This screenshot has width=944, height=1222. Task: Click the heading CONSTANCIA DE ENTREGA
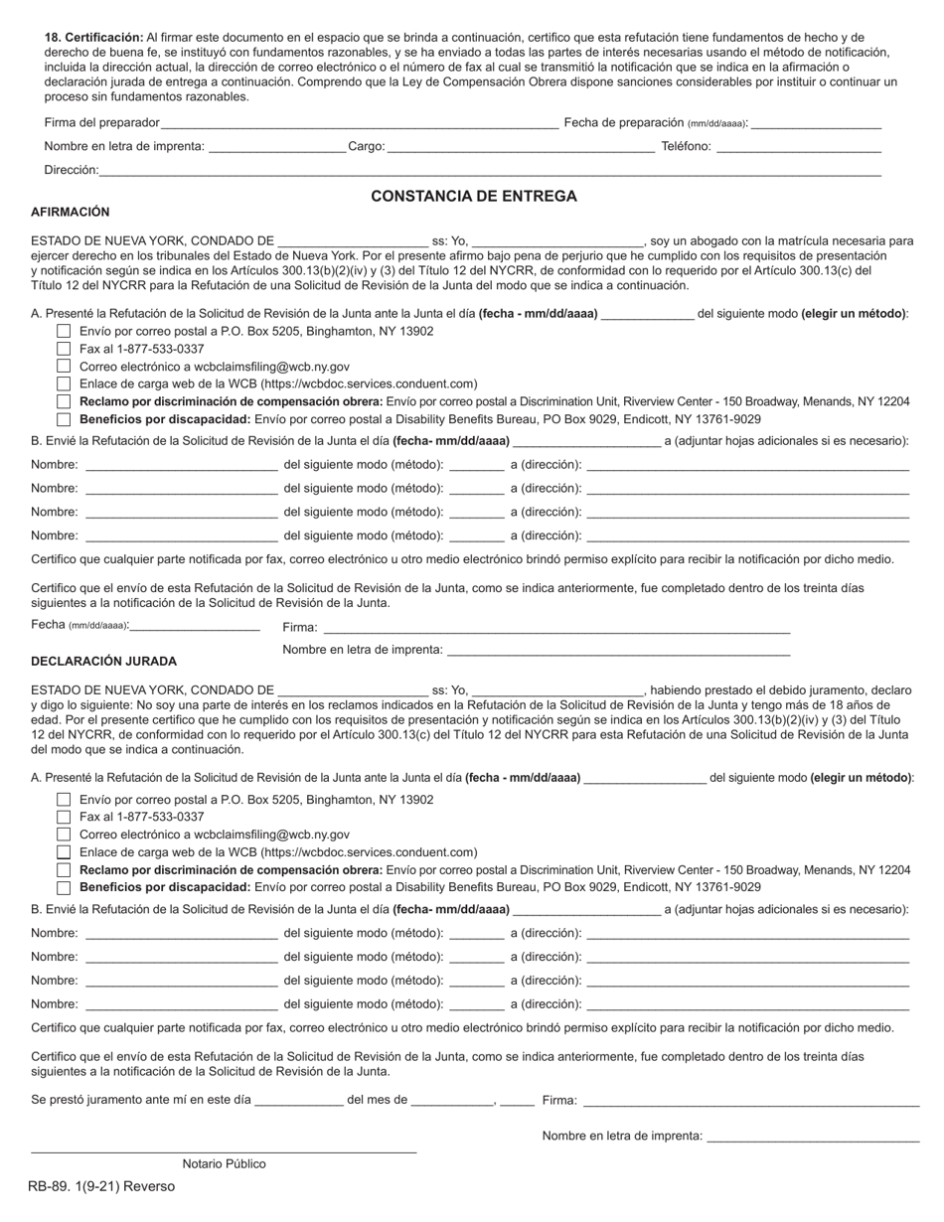[x=473, y=197]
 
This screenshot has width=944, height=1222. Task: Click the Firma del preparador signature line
[x=359, y=124]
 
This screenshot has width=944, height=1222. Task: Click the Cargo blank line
[x=520, y=148]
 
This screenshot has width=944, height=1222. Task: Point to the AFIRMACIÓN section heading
[x=71, y=213]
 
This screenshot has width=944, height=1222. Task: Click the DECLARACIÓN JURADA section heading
[x=104, y=662]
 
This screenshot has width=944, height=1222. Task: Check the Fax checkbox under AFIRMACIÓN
[x=64, y=349]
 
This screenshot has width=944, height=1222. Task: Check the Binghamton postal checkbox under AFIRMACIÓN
[x=64, y=331]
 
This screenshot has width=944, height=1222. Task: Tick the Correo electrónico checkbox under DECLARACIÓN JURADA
[x=64, y=836]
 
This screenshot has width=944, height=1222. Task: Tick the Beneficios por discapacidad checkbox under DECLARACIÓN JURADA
[x=64, y=888]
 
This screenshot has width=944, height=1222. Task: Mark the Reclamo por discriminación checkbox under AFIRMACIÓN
[x=64, y=401]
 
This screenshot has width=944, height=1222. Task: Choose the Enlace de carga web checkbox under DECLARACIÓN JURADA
[x=64, y=852]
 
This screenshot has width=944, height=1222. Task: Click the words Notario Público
[x=224, y=1164]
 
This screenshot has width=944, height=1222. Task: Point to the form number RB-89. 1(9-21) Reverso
[x=101, y=1187]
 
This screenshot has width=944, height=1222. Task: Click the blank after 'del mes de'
[x=452, y=1102]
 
